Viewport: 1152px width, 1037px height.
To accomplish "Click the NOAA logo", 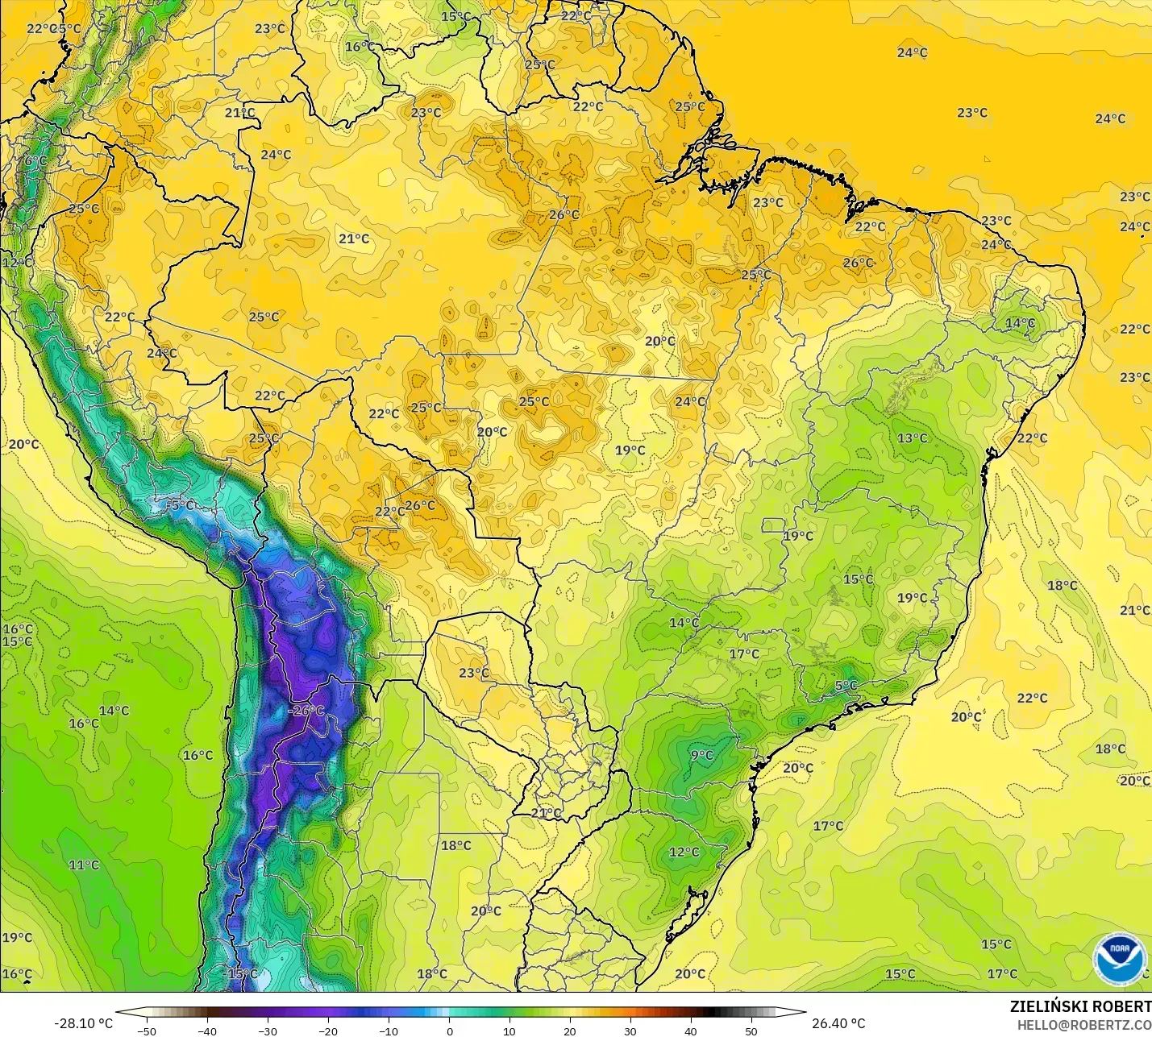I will [1120, 958].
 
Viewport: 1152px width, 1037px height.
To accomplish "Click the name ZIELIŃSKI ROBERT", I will [1080, 1006].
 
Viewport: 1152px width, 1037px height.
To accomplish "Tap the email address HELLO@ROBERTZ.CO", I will [1083, 1025].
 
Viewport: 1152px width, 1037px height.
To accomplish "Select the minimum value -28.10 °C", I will [83, 1023].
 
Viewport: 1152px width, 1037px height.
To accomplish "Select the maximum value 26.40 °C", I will [838, 1023].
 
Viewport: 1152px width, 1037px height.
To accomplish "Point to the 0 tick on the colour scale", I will [449, 1031].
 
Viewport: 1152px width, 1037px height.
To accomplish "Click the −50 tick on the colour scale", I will [146, 1031].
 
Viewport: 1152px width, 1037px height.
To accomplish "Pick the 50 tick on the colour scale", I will [751, 1031].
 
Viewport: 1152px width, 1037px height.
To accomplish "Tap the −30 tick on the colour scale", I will [268, 1031].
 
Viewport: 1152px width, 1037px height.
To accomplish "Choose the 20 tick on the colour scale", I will [570, 1031].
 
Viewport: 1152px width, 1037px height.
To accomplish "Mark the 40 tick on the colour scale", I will [691, 1031].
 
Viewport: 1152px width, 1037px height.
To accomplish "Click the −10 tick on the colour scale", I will [389, 1031].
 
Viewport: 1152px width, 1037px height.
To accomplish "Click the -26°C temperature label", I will [306, 711].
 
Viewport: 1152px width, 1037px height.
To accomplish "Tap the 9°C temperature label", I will [702, 755].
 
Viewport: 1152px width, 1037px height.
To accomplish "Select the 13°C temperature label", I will [913, 438].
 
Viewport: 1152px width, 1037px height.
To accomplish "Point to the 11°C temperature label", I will [84, 865].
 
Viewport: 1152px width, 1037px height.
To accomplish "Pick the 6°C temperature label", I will [35, 160].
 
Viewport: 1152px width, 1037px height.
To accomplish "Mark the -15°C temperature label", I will [241, 973].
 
